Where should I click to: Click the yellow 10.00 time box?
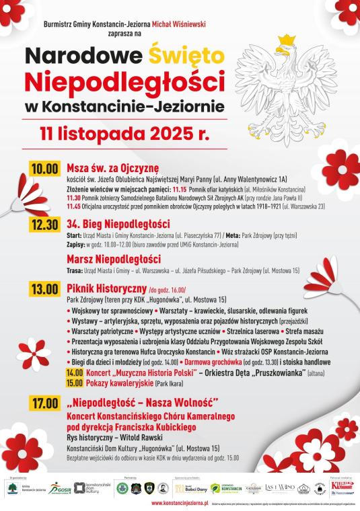pyautogui.click(x=44, y=168)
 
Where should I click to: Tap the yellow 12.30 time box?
pyautogui.click(x=44, y=225)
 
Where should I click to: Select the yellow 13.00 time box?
pyautogui.click(x=44, y=289)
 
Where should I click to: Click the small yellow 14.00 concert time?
pyautogui.click(x=75, y=372)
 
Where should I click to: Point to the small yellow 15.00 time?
pyautogui.click(x=75, y=383)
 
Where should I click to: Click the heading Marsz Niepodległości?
pyautogui.click(x=112, y=259)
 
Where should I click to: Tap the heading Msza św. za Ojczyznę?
pyautogui.click(x=112, y=168)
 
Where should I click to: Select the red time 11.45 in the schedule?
pyautogui.click(x=73, y=206)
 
